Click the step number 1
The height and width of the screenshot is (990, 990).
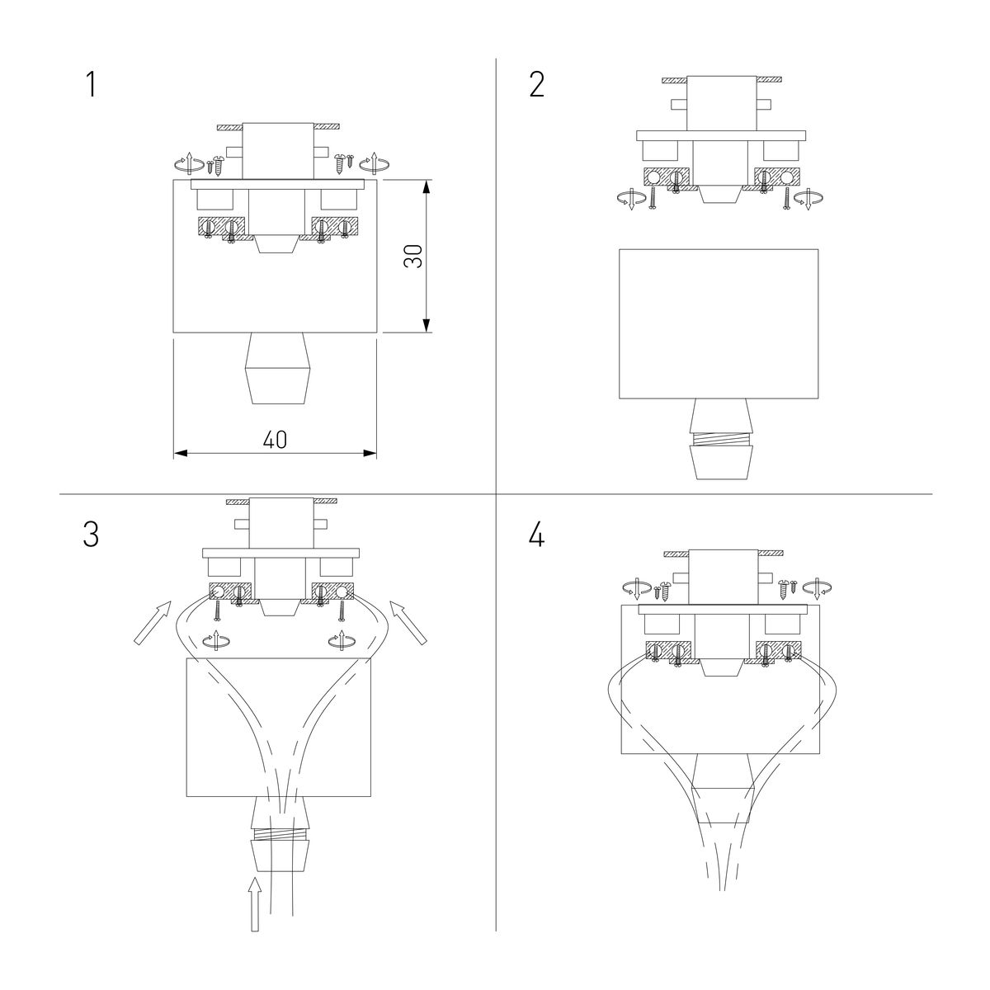[91, 85]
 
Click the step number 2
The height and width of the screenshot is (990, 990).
[537, 85]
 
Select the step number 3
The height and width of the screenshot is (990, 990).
[91, 535]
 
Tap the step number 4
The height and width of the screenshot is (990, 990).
[537, 535]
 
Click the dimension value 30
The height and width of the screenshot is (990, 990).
[415, 256]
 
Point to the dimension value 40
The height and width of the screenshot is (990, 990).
[275, 441]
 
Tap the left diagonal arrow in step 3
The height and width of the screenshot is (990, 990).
[153, 624]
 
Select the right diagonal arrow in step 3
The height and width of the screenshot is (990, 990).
[408, 624]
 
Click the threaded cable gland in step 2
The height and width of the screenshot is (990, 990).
[723, 438]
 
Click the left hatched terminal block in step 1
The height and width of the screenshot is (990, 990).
[221, 227]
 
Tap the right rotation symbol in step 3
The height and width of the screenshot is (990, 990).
[340, 639]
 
